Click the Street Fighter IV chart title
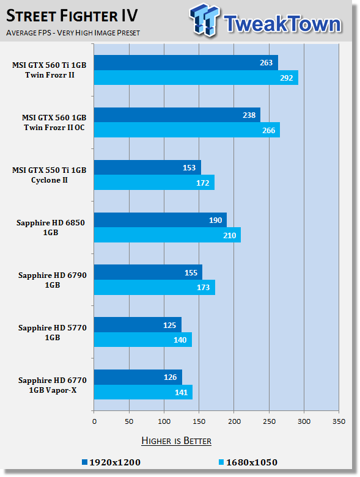[x=72, y=16]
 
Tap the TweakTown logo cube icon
[x=204, y=20]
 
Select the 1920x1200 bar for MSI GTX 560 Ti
[x=186, y=63]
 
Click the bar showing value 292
[x=196, y=78]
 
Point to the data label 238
[x=249, y=115]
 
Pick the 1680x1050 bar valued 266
[x=187, y=130]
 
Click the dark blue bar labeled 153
[x=147, y=167]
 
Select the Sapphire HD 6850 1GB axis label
[x=51, y=228]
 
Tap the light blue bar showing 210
[x=167, y=235]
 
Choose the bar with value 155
[x=148, y=272]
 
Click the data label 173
[x=204, y=288]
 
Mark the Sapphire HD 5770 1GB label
[x=53, y=332]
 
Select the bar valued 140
[x=143, y=340]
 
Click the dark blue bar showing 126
[x=138, y=377]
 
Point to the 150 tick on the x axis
[x=199, y=421]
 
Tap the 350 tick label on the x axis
[x=339, y=421]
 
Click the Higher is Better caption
[x=177, y=441]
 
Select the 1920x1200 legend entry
[x=111, y=462]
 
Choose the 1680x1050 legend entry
[x=248, y=462]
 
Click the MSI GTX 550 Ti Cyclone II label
[x=50, y=175]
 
